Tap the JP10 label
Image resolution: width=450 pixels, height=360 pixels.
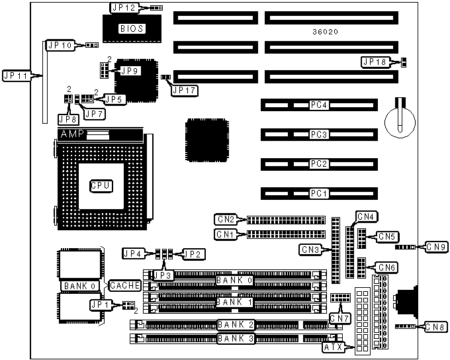pos(60,45)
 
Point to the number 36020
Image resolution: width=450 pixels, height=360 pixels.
pos(327,32)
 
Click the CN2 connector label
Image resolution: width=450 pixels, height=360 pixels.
pos(226,219)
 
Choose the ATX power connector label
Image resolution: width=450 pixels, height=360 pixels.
pos(333,347)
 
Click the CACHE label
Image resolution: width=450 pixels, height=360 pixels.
pos(125,285)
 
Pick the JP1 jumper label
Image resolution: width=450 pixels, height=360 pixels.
pos(101,305)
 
